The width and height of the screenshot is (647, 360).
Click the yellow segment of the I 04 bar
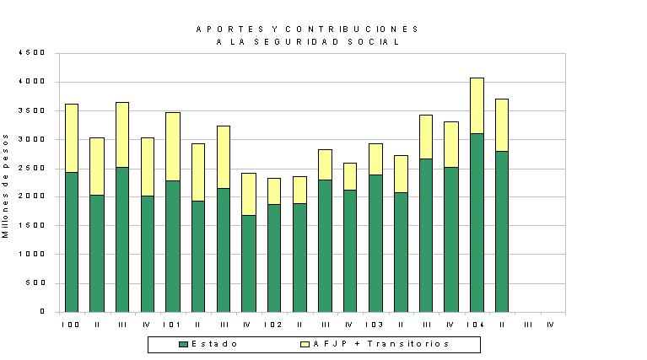click(477, 105)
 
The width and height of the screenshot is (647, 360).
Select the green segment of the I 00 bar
click(72, 242)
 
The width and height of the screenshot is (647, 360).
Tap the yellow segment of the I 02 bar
click(274, 191)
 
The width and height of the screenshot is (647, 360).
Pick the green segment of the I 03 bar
click(375, 244)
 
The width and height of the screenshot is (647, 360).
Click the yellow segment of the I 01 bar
click(173, 147)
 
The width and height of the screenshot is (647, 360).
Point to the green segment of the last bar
click(502, 232)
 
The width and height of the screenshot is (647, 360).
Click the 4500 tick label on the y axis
click(32, 53)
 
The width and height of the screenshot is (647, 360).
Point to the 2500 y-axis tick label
click(32, 168)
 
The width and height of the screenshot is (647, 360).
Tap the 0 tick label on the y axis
click(42, 311)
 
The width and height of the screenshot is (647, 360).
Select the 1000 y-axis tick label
click(32, 254)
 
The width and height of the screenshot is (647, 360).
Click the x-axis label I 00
click(71, 325)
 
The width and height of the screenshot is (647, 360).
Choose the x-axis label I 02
click(273, 325)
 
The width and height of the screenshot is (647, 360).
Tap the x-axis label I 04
click(476, 325)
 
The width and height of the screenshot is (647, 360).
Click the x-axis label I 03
click(375, 325)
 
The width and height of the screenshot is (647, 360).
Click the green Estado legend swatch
click(183, 344)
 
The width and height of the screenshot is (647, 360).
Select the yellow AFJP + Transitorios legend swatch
click(305, 344)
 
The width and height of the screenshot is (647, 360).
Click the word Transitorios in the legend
click(408, 343)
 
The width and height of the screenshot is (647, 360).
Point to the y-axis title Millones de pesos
click(5, 186)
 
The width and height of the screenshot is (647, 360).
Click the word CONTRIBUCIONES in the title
click(352, 30)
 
